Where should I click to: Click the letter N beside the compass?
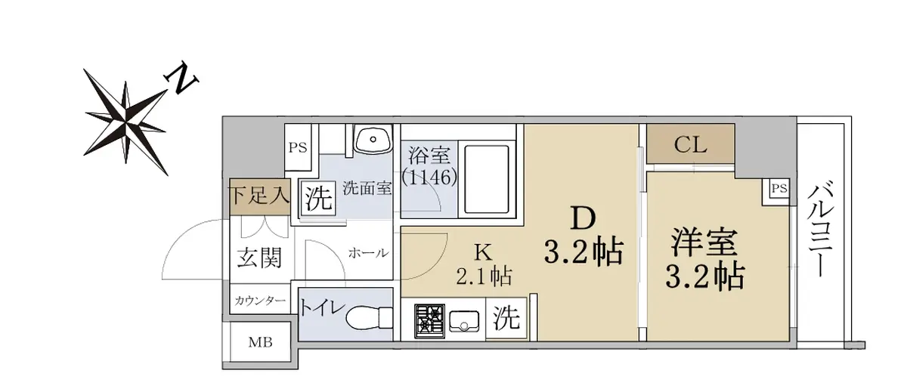coord(182,78)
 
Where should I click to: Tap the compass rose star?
coord(126,122)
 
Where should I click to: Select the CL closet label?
coord(690,144)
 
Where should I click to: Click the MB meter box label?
coord(260,342)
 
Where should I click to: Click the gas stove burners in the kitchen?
coord(429,321)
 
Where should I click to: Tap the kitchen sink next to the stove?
coord(464,320)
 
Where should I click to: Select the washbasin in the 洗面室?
coord(373,139)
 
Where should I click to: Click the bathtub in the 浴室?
coord(486,179)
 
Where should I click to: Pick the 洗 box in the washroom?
coord(318,198)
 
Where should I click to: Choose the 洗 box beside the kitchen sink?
coord(506,318)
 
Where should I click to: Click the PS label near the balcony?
coord(779,188)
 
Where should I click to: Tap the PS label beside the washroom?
coord(298,148)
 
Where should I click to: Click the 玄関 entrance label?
coord(259,258)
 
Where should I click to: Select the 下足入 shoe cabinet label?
coord(259,196)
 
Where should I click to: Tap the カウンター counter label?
coord(260,301)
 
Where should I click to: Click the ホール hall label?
coord(369,253)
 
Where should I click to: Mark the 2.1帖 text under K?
coord(484,276)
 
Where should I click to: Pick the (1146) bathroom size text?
coord(429,177)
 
